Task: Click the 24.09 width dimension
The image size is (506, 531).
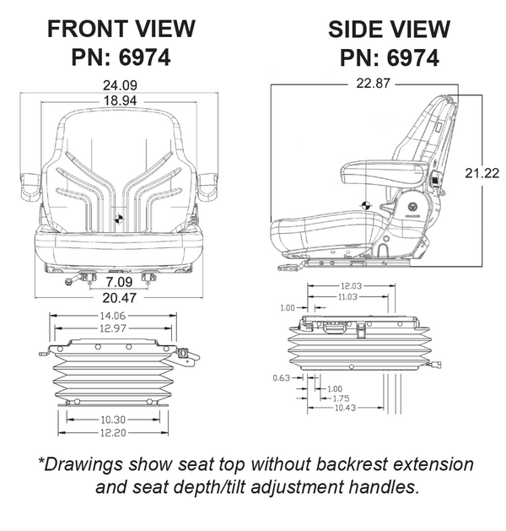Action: coord(120,84)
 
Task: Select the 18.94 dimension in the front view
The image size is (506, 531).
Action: coord(120,100)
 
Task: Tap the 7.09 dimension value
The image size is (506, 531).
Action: coord(118,280)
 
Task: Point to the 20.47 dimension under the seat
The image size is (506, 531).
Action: coord(118,297)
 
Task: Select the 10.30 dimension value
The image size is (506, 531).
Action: coord(110,420)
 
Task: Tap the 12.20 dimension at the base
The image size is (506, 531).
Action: coord(110,433)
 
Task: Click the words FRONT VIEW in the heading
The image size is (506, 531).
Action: coord(121,29)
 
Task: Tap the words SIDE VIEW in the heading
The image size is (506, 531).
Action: coord(389,29)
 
